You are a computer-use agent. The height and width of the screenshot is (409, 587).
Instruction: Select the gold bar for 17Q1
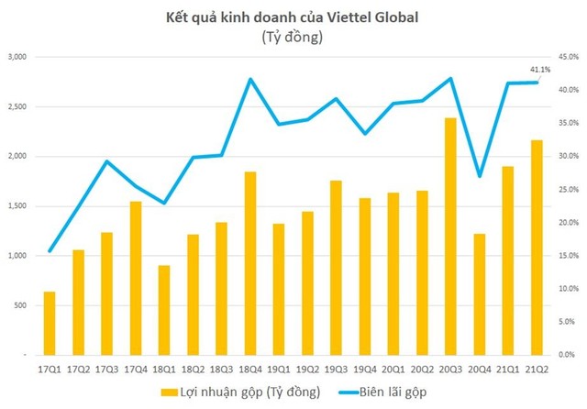tap(50, 323)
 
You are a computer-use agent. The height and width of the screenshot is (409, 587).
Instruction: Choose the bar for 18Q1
tap(163, 310)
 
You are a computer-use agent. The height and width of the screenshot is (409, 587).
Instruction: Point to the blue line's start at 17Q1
tap(50, 250)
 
